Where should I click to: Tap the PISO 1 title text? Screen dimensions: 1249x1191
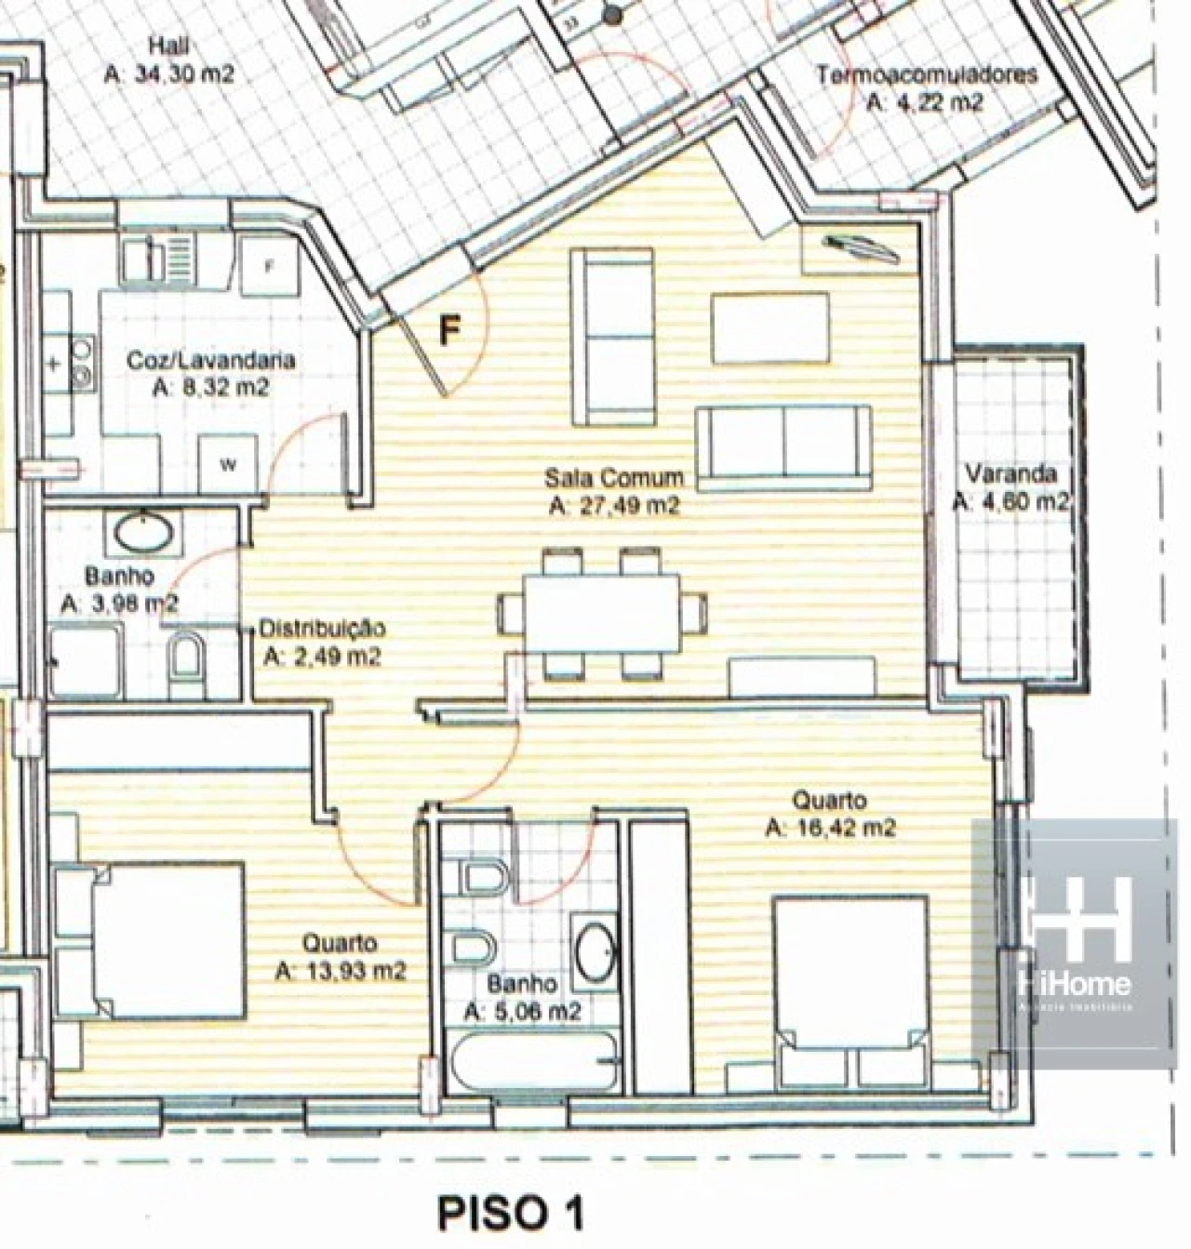tap(511, 1213)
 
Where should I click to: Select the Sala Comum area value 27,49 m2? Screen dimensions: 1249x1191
tap(614, 507)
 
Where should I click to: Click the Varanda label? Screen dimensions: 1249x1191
tap(1010, 474)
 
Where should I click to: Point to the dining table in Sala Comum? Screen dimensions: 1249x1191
tap(601, 614)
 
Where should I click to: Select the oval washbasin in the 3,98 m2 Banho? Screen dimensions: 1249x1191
tap(144, 534)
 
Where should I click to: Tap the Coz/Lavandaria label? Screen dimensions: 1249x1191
tap(210, 360)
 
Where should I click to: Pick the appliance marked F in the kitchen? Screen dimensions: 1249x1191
tap(268, 265)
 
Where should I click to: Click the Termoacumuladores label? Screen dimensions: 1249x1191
tap(926, 74)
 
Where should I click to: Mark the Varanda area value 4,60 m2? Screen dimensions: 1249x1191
tap(1010, 502)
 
